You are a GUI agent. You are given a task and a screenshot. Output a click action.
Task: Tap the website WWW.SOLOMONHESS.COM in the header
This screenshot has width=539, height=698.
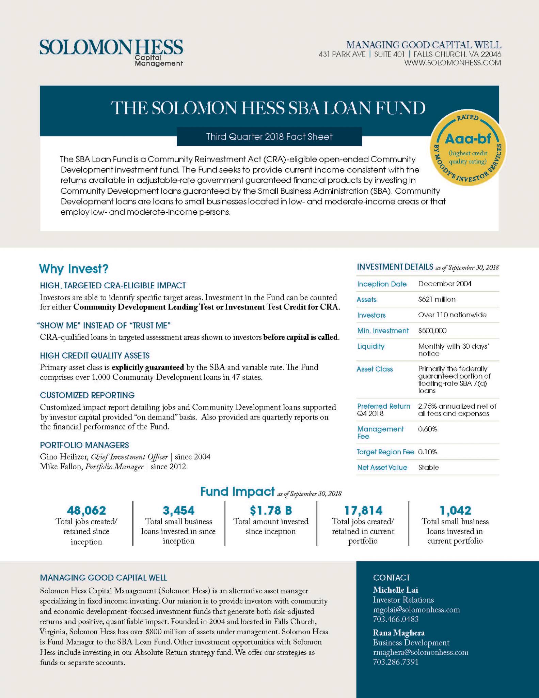pos(453,63)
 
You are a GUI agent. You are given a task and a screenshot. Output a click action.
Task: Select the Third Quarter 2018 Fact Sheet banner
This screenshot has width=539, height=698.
pos(269,137)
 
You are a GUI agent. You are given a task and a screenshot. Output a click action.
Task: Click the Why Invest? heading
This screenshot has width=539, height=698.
pos(74,269)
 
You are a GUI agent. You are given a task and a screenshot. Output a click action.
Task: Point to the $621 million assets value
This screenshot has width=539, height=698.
pos(437,299)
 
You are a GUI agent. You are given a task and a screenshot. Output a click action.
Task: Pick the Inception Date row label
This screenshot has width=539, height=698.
pos(382,284)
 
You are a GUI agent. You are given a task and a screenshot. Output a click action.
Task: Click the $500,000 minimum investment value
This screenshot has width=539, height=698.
pos(432,331)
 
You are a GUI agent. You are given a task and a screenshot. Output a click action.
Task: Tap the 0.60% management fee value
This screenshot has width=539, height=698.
pos(427,429)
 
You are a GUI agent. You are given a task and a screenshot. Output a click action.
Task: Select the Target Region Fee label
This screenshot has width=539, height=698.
pos(385,452)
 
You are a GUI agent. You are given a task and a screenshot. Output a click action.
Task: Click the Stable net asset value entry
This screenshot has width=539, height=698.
pos(428,467)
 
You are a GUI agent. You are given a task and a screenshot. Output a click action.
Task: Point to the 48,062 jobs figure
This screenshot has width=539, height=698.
pos(86,510)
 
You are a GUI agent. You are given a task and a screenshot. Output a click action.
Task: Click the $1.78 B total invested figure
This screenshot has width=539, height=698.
pos(271,510)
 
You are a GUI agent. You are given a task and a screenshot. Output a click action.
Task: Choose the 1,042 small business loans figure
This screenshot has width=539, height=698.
pos(455,510)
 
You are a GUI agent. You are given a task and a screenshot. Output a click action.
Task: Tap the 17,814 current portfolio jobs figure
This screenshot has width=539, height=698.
pos(363,510)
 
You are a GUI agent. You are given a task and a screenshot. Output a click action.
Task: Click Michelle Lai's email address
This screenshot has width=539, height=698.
pos(416,609)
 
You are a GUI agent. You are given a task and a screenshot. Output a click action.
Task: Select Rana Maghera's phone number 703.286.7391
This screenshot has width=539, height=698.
pos(396,662)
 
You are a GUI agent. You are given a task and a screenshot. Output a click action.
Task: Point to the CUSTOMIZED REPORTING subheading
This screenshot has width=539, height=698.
pos(87,395)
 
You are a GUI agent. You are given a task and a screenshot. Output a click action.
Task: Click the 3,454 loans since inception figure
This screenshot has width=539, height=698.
pos(178,510)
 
